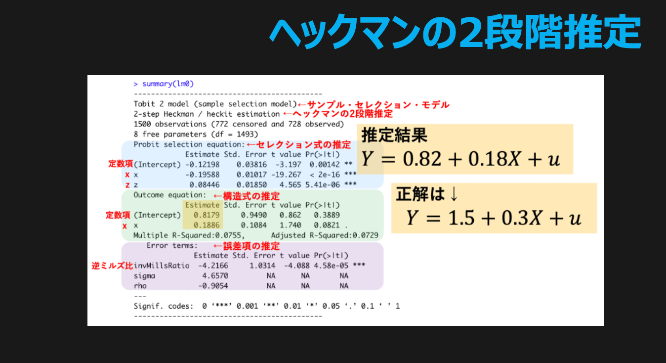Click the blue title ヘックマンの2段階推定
(455, 32)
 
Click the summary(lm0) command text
(168, 84)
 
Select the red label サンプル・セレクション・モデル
(378, 105)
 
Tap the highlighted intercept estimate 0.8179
(207, 215)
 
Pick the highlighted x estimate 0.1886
(207, 225)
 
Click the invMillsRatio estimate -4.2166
(213, 266)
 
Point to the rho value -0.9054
(213, 286)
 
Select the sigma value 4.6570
(215, 275)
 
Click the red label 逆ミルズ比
(112, 266)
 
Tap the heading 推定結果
(394, 135)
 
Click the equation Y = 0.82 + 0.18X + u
(461, 159)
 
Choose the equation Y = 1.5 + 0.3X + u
(494, 218)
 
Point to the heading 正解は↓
(427, 194)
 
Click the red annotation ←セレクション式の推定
(299, 144)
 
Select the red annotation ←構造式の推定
(247, 196)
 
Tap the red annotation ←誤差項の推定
(247, 246)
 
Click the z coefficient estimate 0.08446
(204, 185)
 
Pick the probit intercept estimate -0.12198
(203, 165)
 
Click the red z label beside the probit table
(127, 185)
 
